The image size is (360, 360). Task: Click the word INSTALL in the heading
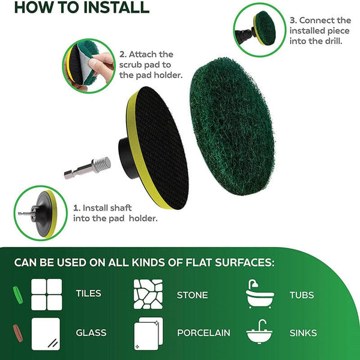(x=116, y=7)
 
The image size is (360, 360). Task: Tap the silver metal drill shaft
(x=87, y=168)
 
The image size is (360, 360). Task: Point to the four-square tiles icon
(x=47, y=295)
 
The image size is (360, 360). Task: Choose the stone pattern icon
(x=148, y=294)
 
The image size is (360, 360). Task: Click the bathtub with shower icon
(x=260, y=294)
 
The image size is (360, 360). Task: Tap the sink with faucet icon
(x=259, y=331)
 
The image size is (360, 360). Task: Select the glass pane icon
(x=46, y=334)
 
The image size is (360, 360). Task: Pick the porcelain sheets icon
(x=149, y=334)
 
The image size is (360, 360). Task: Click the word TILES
(x=88, y=293)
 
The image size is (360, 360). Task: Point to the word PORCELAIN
(x=203, y=332)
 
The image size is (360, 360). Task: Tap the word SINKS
(x=303, y=333)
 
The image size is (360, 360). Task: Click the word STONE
(x=193, y=295)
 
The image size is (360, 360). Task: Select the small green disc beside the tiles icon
(x=18, y=295)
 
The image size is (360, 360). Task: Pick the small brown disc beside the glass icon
(x=18, y=333)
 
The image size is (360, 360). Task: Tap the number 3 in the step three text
(x=292, y=20)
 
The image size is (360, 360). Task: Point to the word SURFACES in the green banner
(x=245, y=262)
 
